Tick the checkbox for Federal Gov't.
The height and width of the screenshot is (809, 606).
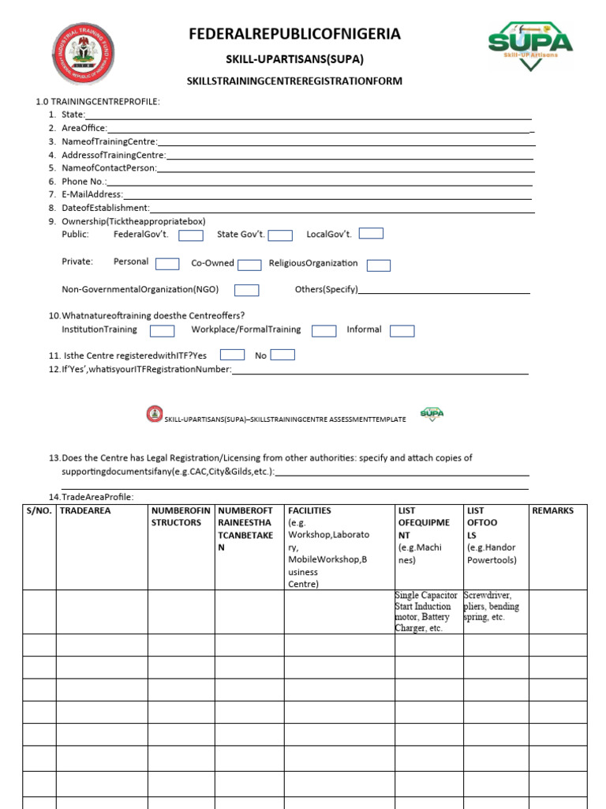(x=191, y=235)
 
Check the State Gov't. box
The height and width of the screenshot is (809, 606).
(x=280, y=235)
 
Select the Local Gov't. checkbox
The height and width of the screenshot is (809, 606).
(x=371, y=233)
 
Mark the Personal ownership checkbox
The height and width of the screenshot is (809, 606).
(x=167, y=264)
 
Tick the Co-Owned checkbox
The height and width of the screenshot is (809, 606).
(x=249, y=265)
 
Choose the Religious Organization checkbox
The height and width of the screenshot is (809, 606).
(x=379, y=265)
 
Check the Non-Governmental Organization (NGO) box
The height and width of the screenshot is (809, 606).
(x=247, y=290)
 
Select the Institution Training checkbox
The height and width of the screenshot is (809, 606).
(x=163, y=331)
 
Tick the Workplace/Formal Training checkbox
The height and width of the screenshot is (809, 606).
(x=324, y=331)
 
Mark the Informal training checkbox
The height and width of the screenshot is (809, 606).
(x=402, y=331)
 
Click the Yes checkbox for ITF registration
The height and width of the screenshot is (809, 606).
(x=232, y=355)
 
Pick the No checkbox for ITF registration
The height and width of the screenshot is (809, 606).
(x=282, y=355)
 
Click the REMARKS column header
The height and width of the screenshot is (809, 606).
(x=553, y=511)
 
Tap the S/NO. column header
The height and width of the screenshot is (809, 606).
(x=39, y=511)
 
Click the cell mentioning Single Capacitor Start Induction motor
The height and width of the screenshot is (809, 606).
(x=428, y=611)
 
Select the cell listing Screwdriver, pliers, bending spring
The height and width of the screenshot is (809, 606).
(x=495, y=606)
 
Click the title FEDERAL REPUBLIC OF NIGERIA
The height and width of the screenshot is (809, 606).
(x=294, y=34)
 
